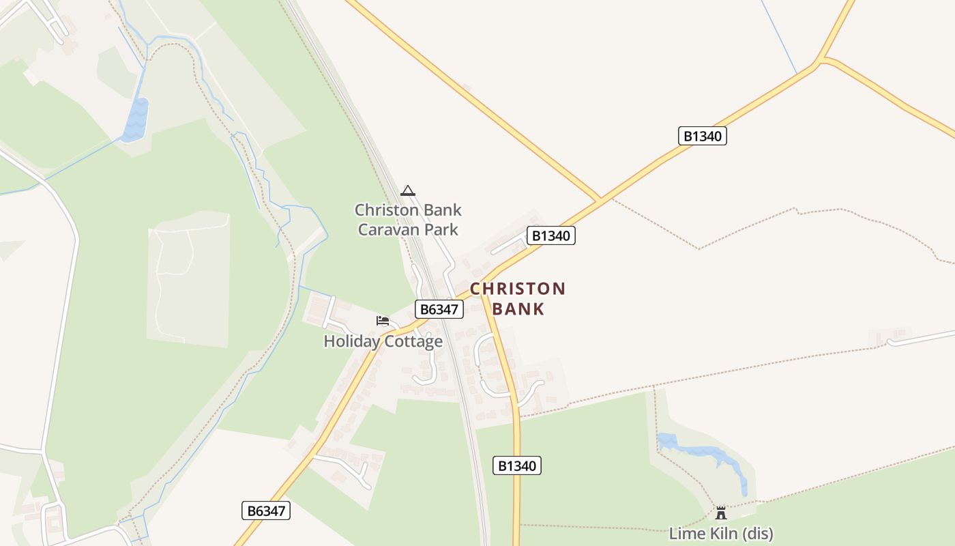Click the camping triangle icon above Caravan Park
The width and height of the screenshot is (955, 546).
click(408, 190)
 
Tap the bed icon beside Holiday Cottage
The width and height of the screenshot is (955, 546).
click(383, 320)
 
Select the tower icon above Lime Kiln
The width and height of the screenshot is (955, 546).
click(721, 513)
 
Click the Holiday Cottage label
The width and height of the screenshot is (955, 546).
click(383, 341)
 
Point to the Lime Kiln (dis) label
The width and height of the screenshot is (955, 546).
click(721, 533)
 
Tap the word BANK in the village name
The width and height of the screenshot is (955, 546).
click(518, 309)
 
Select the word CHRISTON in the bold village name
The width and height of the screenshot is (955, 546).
click(518, 289)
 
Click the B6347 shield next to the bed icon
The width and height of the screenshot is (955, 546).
click(439, 309)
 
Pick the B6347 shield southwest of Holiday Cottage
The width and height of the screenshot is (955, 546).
click(266, 511)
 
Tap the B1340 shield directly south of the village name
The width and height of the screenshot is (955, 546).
click(517, 466)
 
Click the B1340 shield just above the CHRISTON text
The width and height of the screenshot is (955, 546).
click(551, 236)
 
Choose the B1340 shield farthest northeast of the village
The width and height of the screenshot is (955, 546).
click(703, 136)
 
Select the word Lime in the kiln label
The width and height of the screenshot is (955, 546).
click(684, 533)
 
